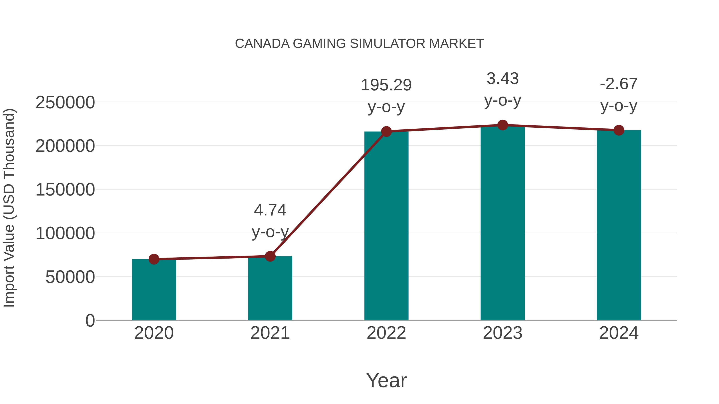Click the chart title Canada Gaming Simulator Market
tap(359, 44)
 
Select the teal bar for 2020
tap(154, 290)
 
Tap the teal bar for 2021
tap(270, 288)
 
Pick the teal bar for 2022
tap(386, 226)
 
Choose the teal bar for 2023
tap(503, 223)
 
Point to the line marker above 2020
tap(154, 259)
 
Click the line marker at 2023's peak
tap(503, 125)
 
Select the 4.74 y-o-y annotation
tap(270, 210)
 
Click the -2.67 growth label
tap(619, 84)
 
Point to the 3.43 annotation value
tap(503, 79)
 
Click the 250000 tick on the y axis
tap(65, 102)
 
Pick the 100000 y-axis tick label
tap(65, 233)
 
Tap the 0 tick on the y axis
tap(90, 321)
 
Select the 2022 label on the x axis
tap(386, 333)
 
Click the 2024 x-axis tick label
tap(619, 333)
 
